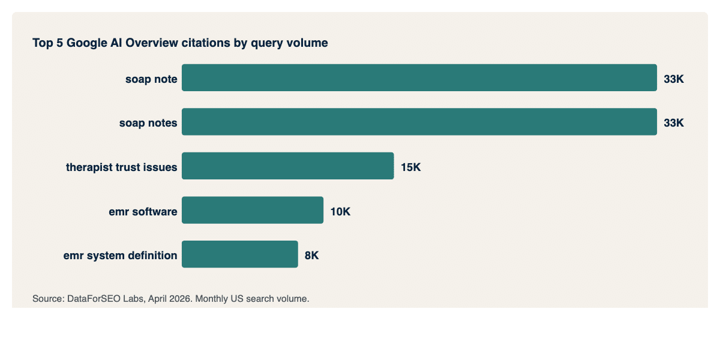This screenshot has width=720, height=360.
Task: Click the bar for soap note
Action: pos(419,78)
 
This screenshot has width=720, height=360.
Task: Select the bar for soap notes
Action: pos(419,122)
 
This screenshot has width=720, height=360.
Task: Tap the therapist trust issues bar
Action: pos(288,166)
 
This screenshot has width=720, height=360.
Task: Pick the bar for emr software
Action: pos(253,211)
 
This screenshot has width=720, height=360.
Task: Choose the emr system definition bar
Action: pos(240,254)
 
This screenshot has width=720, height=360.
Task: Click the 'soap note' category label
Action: pos(151,79)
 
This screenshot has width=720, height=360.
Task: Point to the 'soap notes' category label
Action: pos(148,122)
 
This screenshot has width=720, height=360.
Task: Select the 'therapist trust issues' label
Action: pos(121,167)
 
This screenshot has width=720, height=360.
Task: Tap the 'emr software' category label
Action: pos(143,211)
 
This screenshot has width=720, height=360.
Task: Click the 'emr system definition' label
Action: pos(120,255)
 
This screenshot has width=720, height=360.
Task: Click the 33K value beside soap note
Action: pos(673,79)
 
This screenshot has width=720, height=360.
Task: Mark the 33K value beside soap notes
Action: pos(673,122)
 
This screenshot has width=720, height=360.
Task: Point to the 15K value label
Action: pos(410,167)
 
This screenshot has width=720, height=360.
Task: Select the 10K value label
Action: pos(340,211)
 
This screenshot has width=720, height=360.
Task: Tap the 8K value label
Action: pos(311,255)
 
